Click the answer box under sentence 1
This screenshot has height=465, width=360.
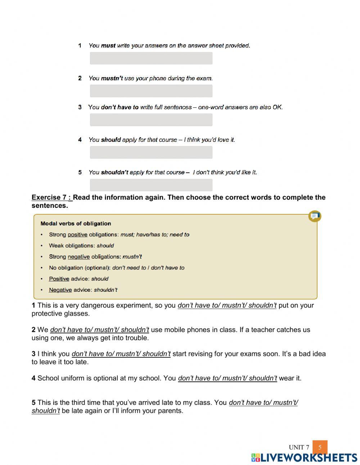pyautogui.click(x=151, y=58)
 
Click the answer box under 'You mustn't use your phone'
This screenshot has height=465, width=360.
pyautogui.click(x=151, y=91)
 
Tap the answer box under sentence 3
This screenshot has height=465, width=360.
pyautogui.click(x=151, y=120)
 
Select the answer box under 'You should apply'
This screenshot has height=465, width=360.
pyautogui.click(x=151, y=152)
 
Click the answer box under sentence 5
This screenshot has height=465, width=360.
pyautogui.click(x=151, y=185)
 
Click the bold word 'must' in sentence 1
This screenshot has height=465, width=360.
pyautogui.click(x=108, y=45)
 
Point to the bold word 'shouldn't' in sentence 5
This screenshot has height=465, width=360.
pyautogui.click(x=114, y=172)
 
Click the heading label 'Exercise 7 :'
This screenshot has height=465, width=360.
pyautogui.click(x=51, y=197)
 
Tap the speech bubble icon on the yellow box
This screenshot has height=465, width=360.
pyautogui.click(x=315, y=216)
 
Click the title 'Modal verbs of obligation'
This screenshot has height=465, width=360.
pyautogui.click(x=76, y=223)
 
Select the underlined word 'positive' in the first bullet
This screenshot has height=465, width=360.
pyautogui.click(x=77, y=234)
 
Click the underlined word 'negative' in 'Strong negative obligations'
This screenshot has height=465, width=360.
pyautogui.click(x=78, y=256)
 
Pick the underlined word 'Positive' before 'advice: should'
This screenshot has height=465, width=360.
pyautogui.click(x=59, y=279)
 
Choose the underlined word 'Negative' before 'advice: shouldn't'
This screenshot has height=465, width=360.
pyautogui.click(x=60, y=290)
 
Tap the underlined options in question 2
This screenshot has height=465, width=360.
pyautogui.click(x=99, y=330)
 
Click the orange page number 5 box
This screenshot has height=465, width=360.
pyautogui.click(x=320, y=447)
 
